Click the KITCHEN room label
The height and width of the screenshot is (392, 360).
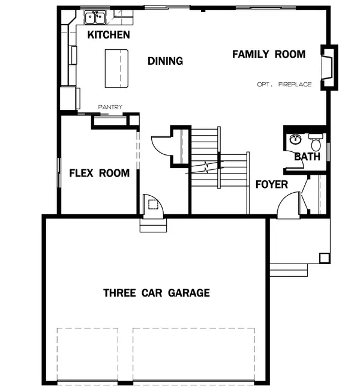[109, 35]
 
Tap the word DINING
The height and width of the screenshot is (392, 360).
[165, 61]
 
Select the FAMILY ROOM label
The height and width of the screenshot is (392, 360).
[269, 55]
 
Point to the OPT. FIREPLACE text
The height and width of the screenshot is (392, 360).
[284, 85]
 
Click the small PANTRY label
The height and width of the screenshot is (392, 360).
[110, 107]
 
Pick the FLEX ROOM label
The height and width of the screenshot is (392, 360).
[99, 173]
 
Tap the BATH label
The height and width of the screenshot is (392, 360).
[307, 157]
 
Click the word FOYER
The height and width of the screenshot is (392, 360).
[272, 184]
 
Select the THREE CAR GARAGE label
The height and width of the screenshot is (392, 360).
[157, 293]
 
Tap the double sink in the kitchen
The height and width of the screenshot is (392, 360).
[94, 18]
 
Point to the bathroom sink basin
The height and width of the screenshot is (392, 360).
[295, 140]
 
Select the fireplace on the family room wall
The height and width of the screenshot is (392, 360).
[328, 67]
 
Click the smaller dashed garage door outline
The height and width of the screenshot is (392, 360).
[87, 354]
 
